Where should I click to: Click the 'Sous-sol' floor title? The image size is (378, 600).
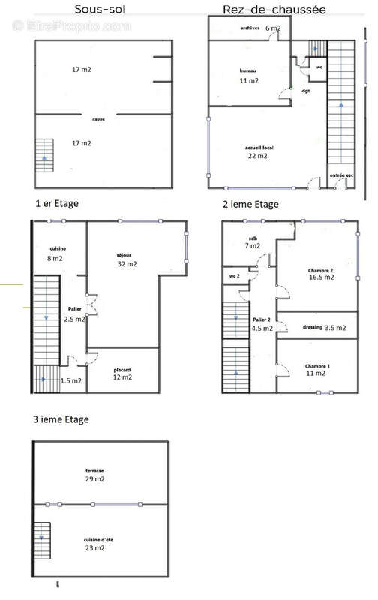tap(100, 10)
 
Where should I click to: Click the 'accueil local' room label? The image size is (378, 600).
tap(259, 148)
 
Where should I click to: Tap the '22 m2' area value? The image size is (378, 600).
tap(256, 157)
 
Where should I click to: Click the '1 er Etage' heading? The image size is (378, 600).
tap(56, 203)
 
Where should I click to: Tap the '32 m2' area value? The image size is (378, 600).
tap(127, 264)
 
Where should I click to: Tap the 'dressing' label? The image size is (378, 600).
tap(312, 328)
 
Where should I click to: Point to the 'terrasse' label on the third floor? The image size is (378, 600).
tap(95, 471)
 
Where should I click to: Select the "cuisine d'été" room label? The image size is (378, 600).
tap(94, 539)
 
